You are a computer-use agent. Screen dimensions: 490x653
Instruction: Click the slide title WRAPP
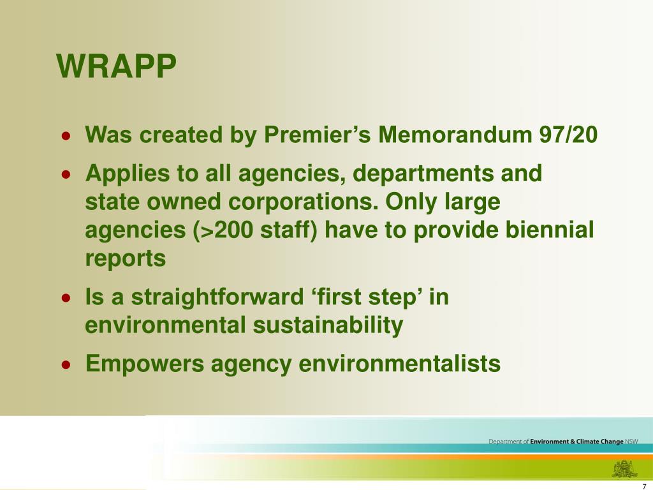pos(116,66)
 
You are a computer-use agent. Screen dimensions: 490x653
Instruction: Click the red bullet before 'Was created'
pos(66,137)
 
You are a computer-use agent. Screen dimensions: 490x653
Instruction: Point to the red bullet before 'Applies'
pos(66,174)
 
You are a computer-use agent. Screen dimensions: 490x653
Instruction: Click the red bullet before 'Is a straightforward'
pos(66,298)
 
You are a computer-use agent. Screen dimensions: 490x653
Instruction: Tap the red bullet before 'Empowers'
pos(66,365)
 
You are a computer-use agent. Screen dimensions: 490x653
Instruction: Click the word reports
pos(125,259)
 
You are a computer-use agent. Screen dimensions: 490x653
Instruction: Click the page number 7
pos(644,484)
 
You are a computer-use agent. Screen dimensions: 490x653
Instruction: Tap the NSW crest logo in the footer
pos(625,468)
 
